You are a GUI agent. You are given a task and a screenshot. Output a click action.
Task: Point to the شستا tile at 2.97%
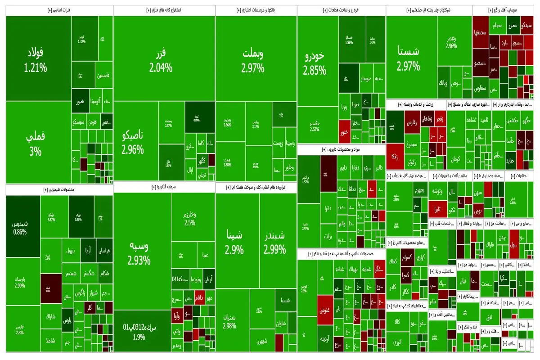tap(409, 58)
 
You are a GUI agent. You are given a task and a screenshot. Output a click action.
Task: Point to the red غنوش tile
tap(325, 310)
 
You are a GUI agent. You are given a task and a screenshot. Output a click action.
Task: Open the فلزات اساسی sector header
tap(59, 9)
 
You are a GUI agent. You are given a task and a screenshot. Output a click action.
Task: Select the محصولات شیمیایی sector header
tap(59, 190)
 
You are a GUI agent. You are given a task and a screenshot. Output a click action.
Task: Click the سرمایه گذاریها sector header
tap(164, 187)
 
